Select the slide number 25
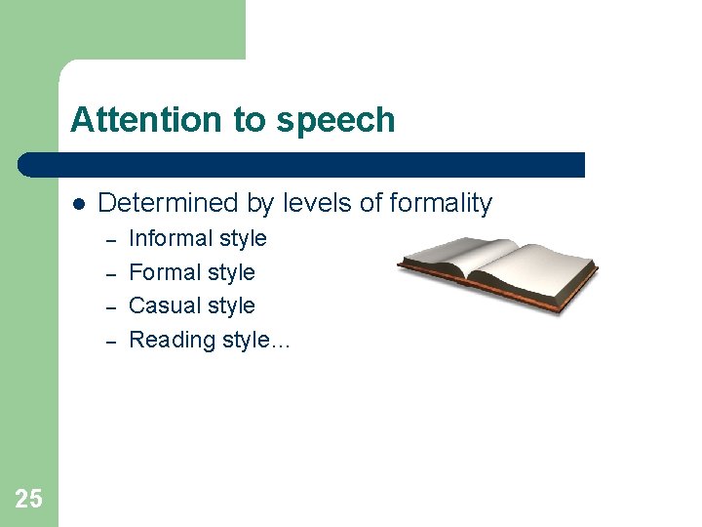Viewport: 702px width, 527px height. pyautogui.click(x=28, y=500)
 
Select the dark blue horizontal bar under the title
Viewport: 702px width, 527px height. pyautogui.click(x=302, y=164)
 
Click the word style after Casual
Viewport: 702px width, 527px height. pyautogui.click(x=232, y=305)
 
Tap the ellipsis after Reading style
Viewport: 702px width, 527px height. pyautogui.click(x=281, y=342)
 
